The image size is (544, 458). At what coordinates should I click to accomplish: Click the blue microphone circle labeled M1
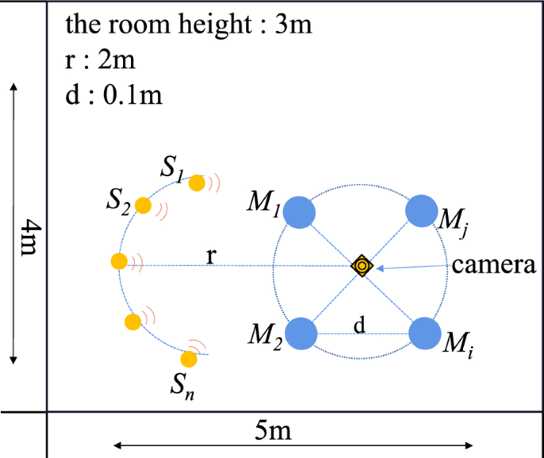(x=300, y=212)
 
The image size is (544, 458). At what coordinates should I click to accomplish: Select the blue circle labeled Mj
(x=422, y=211)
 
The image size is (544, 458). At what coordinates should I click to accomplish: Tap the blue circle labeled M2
(x=301, y=333)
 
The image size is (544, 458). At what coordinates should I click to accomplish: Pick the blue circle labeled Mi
(x=424, y=333)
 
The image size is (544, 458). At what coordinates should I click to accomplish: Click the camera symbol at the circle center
(x=362, y=266)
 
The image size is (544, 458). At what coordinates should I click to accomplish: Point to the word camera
(x=494, y=265)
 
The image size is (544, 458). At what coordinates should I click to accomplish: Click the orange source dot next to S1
(x=196, y=183)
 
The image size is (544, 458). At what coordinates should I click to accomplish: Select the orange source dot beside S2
(x=143, y=206)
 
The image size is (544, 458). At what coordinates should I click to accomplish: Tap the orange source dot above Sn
(x=191, y=358)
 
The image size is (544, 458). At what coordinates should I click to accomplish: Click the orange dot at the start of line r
(x=118, y=260)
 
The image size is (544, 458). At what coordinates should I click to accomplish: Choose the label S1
(x=172, y=167)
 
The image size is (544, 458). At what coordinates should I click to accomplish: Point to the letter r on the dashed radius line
(x=210, y=255)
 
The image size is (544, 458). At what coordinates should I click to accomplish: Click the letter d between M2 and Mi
(x=359, y=325)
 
